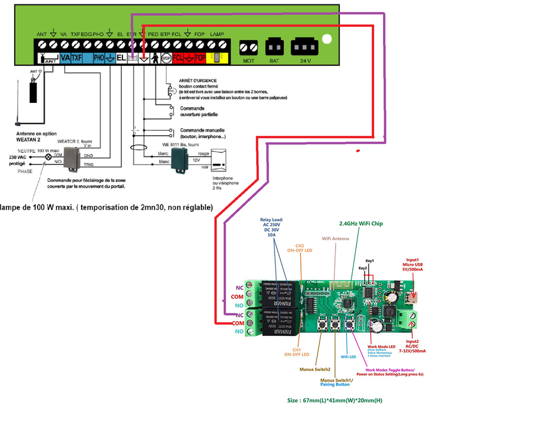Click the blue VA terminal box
pos(65,58)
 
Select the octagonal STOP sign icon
pos(166,58)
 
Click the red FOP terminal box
pos(200,58)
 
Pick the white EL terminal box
pos(121,58)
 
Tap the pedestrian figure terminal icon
pos(154,58)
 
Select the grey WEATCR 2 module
pos(73,159)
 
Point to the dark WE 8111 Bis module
pos(180,161)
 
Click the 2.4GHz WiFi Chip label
pos(361,223)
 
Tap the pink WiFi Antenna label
pos(335,239)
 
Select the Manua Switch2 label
pos(315,369)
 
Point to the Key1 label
pos(370,261)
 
